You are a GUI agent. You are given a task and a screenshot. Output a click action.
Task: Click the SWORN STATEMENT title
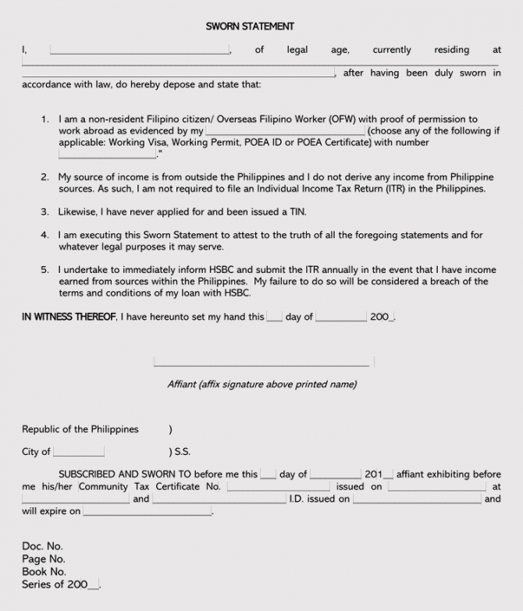[250, 27]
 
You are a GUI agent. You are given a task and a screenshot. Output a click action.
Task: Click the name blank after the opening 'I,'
[140, 51]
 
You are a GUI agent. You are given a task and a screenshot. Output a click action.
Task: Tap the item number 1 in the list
[44, 119]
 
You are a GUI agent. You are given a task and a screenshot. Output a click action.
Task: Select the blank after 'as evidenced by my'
[285, 132]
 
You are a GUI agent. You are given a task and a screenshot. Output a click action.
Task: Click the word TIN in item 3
[296, 211]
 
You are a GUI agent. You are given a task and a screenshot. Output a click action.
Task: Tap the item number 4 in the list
[44, 235]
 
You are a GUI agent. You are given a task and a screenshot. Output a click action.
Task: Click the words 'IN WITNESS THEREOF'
[69, 317]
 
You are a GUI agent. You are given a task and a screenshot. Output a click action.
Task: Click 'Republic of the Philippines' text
[80, 429]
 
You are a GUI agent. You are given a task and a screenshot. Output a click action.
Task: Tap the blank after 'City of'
[78, 453]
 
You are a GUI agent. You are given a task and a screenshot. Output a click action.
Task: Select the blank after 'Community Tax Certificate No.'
[278, 487]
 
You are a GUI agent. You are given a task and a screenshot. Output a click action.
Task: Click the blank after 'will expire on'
[147, 512]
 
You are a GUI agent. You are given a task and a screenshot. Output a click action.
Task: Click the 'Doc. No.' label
[42, 546]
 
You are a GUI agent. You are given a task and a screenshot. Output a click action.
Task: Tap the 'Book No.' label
[44, 571]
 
